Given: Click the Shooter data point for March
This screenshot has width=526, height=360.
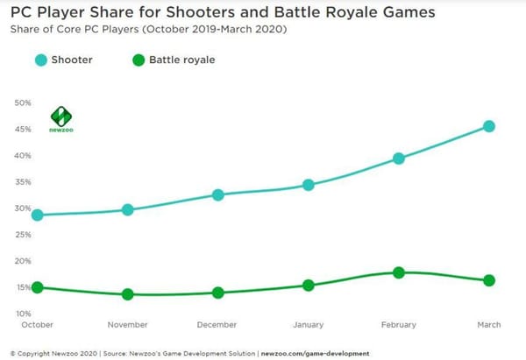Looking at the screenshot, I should click(488, 126).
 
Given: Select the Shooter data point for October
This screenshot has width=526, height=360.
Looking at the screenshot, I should click(38, 215).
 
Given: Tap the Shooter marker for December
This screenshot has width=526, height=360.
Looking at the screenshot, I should click(218, 194).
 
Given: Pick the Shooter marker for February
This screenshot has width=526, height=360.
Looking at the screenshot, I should click(399, 159).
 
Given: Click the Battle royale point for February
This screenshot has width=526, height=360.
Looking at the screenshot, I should click(399, 272).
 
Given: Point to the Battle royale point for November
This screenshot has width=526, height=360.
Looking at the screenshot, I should click(128, 294).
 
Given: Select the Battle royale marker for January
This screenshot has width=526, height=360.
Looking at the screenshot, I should click(309, 285).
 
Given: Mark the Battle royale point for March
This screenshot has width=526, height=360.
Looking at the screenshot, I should click(488, 280).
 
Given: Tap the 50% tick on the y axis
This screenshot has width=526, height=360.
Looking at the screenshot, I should click(23, 102).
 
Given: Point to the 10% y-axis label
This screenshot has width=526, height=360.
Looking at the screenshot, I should click(23, 314).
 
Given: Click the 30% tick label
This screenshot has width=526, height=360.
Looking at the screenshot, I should click(23, 208).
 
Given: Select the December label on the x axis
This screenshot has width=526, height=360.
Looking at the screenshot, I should click(218, 325).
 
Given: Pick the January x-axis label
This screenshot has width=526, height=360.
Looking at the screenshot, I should click(309, 325).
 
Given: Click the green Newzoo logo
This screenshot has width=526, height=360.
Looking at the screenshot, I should click(61, 118).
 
